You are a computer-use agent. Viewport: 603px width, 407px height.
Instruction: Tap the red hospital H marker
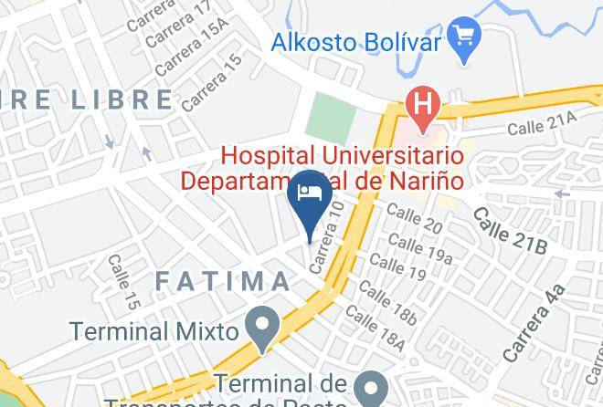tap(421, 103)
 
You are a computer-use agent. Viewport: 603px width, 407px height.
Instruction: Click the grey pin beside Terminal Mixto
tap(264, 329)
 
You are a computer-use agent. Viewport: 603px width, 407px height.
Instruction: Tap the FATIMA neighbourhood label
tap(222, 281)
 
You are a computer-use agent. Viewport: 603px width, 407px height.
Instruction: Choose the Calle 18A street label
tap(374, 331)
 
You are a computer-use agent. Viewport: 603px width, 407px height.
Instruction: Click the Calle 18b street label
tap(387, 304)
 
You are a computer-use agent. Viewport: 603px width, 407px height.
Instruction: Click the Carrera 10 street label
tap(328, 236)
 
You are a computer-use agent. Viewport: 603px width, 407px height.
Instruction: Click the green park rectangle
tap(330, 119)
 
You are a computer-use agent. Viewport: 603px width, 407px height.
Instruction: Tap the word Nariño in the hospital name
tap(423, 179)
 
